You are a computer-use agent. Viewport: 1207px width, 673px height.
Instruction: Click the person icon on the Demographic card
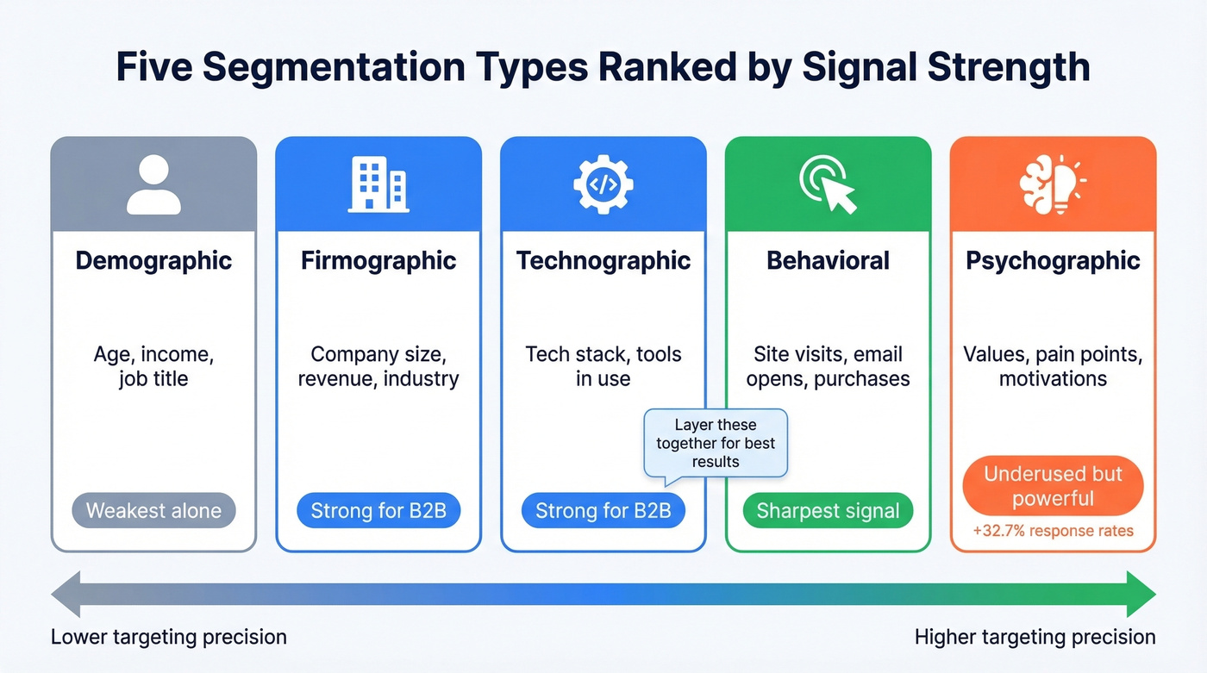(153, 184)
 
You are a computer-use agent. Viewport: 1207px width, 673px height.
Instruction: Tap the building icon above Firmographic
(378, 184)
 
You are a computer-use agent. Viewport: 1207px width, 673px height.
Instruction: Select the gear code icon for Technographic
(603, 184)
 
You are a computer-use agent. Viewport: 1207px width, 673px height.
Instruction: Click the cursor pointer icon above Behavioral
(828, 184)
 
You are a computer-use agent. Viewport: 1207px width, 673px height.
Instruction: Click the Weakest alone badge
(153, 511)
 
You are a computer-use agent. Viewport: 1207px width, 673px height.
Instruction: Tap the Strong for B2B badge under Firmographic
(378, 511)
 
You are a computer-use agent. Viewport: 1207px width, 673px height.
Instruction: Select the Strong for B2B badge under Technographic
(603, 511)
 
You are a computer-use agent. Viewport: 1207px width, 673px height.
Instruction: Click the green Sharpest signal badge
(828, 511)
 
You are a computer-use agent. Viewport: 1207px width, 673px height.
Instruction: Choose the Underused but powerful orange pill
(1053, 486)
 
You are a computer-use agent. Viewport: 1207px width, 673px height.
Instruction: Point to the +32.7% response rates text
(1053, 532)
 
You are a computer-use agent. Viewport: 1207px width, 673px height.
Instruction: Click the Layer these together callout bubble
(716, 443)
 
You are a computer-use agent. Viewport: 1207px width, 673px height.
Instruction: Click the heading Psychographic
(1053, 261)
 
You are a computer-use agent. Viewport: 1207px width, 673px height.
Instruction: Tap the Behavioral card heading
(828, 261)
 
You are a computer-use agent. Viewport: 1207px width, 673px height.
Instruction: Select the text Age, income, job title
(153, 366)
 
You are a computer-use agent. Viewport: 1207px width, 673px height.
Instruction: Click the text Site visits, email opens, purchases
(828, 366)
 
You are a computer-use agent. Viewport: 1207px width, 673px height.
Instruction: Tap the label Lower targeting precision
(169, 638)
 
